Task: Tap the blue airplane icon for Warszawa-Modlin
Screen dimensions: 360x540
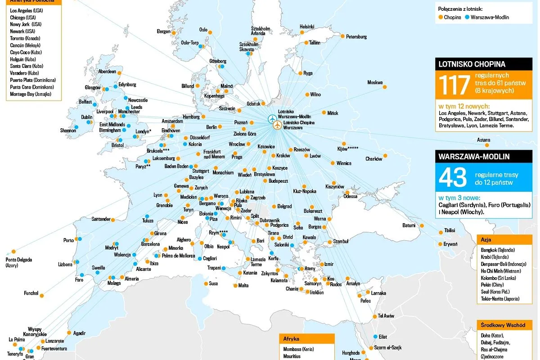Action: pos(271,119)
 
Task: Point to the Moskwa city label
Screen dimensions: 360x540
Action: pos(375,82)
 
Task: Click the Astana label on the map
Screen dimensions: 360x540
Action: pos(483,140)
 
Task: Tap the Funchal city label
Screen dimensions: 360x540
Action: pos(31,293)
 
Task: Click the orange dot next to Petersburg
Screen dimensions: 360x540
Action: pos(342,36)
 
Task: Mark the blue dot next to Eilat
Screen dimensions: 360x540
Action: pos(375,337)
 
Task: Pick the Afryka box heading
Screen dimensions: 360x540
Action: pos(291,339)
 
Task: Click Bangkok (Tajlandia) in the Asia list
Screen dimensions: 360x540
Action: pos(498,250)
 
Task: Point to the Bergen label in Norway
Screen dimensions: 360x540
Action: pos(163,31)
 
